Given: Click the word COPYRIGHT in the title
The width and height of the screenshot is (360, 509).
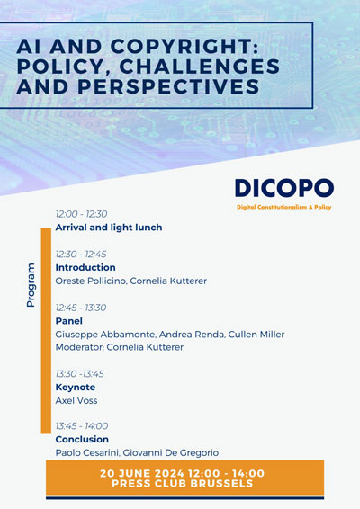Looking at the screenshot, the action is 184,47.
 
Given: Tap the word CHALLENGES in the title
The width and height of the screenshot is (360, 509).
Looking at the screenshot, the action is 200,67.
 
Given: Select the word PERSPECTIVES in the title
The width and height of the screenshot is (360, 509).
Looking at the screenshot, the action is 168,86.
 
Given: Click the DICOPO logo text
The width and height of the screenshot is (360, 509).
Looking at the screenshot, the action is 284,188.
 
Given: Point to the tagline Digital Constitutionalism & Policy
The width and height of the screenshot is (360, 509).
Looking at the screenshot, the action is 284,207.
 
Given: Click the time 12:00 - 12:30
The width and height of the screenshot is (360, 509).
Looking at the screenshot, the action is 81,214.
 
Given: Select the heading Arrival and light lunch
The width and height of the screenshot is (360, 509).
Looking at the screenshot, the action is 109,228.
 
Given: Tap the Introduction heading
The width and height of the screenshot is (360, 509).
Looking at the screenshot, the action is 85,267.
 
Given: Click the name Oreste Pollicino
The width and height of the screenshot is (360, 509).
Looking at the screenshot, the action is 91,281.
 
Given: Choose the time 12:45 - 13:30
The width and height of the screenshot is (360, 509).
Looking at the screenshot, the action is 81,308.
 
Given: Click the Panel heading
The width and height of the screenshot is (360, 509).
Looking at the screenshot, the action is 69,321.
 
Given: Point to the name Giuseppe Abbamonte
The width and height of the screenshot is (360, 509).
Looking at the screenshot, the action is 105,335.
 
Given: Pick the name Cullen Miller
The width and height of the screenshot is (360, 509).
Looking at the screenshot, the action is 256,335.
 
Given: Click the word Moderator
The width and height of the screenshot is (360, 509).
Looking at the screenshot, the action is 79,347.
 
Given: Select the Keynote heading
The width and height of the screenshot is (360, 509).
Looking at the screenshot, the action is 76,388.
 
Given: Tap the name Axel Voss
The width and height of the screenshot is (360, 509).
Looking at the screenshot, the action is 76,400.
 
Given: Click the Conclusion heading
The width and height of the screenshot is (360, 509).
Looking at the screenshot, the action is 82,439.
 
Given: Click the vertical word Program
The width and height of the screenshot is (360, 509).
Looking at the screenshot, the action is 31,285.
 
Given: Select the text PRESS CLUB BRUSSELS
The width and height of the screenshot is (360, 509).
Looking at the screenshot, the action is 183,483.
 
